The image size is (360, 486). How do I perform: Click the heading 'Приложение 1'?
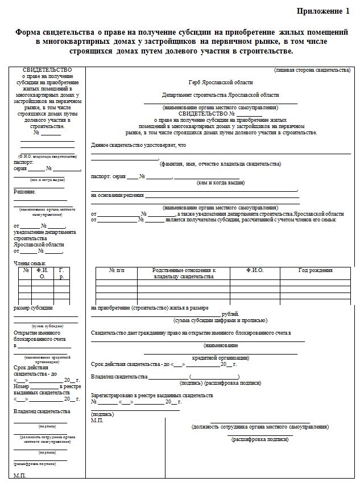(323, 11)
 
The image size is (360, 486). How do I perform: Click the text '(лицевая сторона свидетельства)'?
(312, 70)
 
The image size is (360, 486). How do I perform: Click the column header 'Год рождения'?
(316, 270)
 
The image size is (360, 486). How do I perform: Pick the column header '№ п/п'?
(116, 270)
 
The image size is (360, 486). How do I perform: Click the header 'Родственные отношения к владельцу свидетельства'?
(183, 273)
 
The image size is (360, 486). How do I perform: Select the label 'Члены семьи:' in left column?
(30, 263)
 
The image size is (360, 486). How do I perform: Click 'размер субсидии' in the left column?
(33, 308)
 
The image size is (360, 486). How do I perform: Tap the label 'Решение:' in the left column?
(24, 192)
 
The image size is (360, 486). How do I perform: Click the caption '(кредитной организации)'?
(220, 358)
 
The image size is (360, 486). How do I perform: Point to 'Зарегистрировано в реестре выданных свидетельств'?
(152, 395)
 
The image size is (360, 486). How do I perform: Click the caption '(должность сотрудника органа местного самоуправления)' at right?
(260, 426)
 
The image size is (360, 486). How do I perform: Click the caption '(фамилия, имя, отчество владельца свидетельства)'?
(220, 164)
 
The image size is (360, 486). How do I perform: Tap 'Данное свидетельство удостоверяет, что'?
(138, 145)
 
